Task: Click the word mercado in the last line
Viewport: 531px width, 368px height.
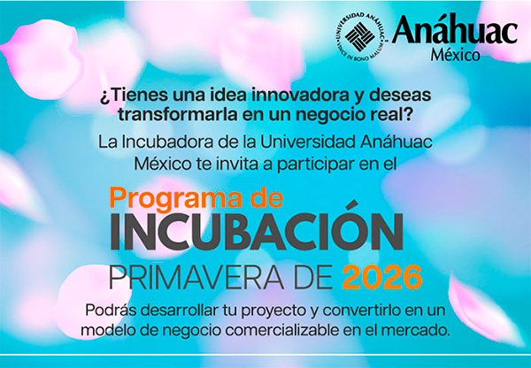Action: tap(420, 331)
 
